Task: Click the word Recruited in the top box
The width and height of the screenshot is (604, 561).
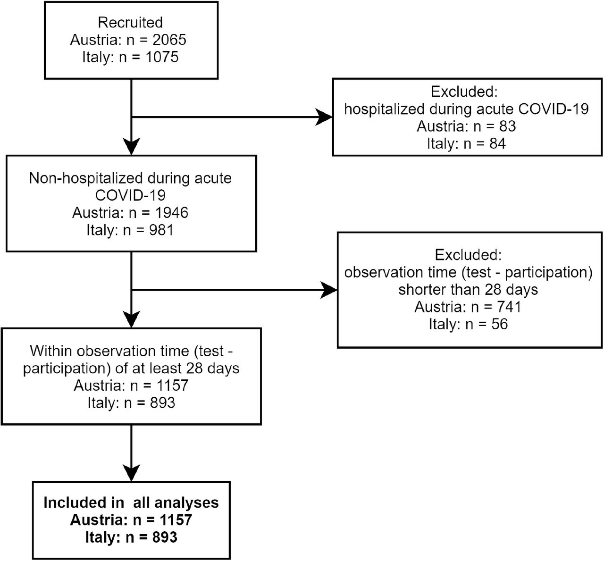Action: tap(130, 23)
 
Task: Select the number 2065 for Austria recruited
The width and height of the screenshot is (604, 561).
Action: tap(169, 40)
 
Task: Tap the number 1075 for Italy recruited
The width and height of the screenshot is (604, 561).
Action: tap(162, 57)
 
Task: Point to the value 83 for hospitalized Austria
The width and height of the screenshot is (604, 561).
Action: tap(507, 126)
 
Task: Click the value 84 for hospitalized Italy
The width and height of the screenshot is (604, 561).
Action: tap(497, 143)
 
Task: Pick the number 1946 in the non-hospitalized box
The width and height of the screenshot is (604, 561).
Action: tap(172, 213)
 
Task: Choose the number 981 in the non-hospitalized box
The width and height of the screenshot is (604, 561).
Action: tap(161, 230)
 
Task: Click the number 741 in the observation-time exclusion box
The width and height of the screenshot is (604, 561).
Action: tap(510, 307)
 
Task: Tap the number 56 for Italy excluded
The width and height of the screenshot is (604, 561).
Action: tap(500, 324)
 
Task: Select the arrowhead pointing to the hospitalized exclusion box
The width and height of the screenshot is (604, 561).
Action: tap(324, 117)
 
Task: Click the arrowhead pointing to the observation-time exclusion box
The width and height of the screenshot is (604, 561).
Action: tap(329, 290)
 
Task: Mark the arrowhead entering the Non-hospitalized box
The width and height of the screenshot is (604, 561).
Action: tap(131, 147)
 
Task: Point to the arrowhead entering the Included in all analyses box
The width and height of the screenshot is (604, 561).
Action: tap(131, 473)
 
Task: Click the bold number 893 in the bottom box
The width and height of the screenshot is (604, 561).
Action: tap(165, 537)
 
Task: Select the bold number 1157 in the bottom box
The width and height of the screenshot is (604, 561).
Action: tap(176, 520)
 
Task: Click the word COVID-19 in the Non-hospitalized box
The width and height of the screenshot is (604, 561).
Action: tap(130, 195)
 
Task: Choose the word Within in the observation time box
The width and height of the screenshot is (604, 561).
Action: tap(51, 351)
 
